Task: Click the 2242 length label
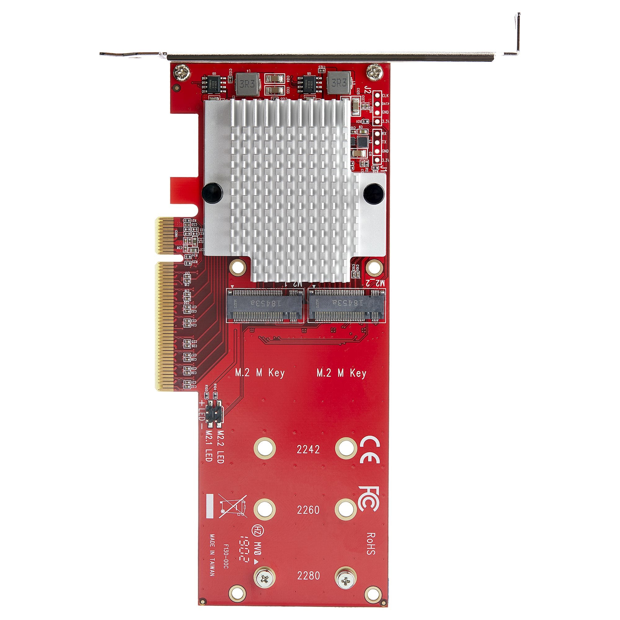click(308, 449)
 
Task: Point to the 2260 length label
click(308, 510)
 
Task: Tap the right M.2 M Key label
click(341, 373)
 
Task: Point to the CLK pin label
click(385, 95)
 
